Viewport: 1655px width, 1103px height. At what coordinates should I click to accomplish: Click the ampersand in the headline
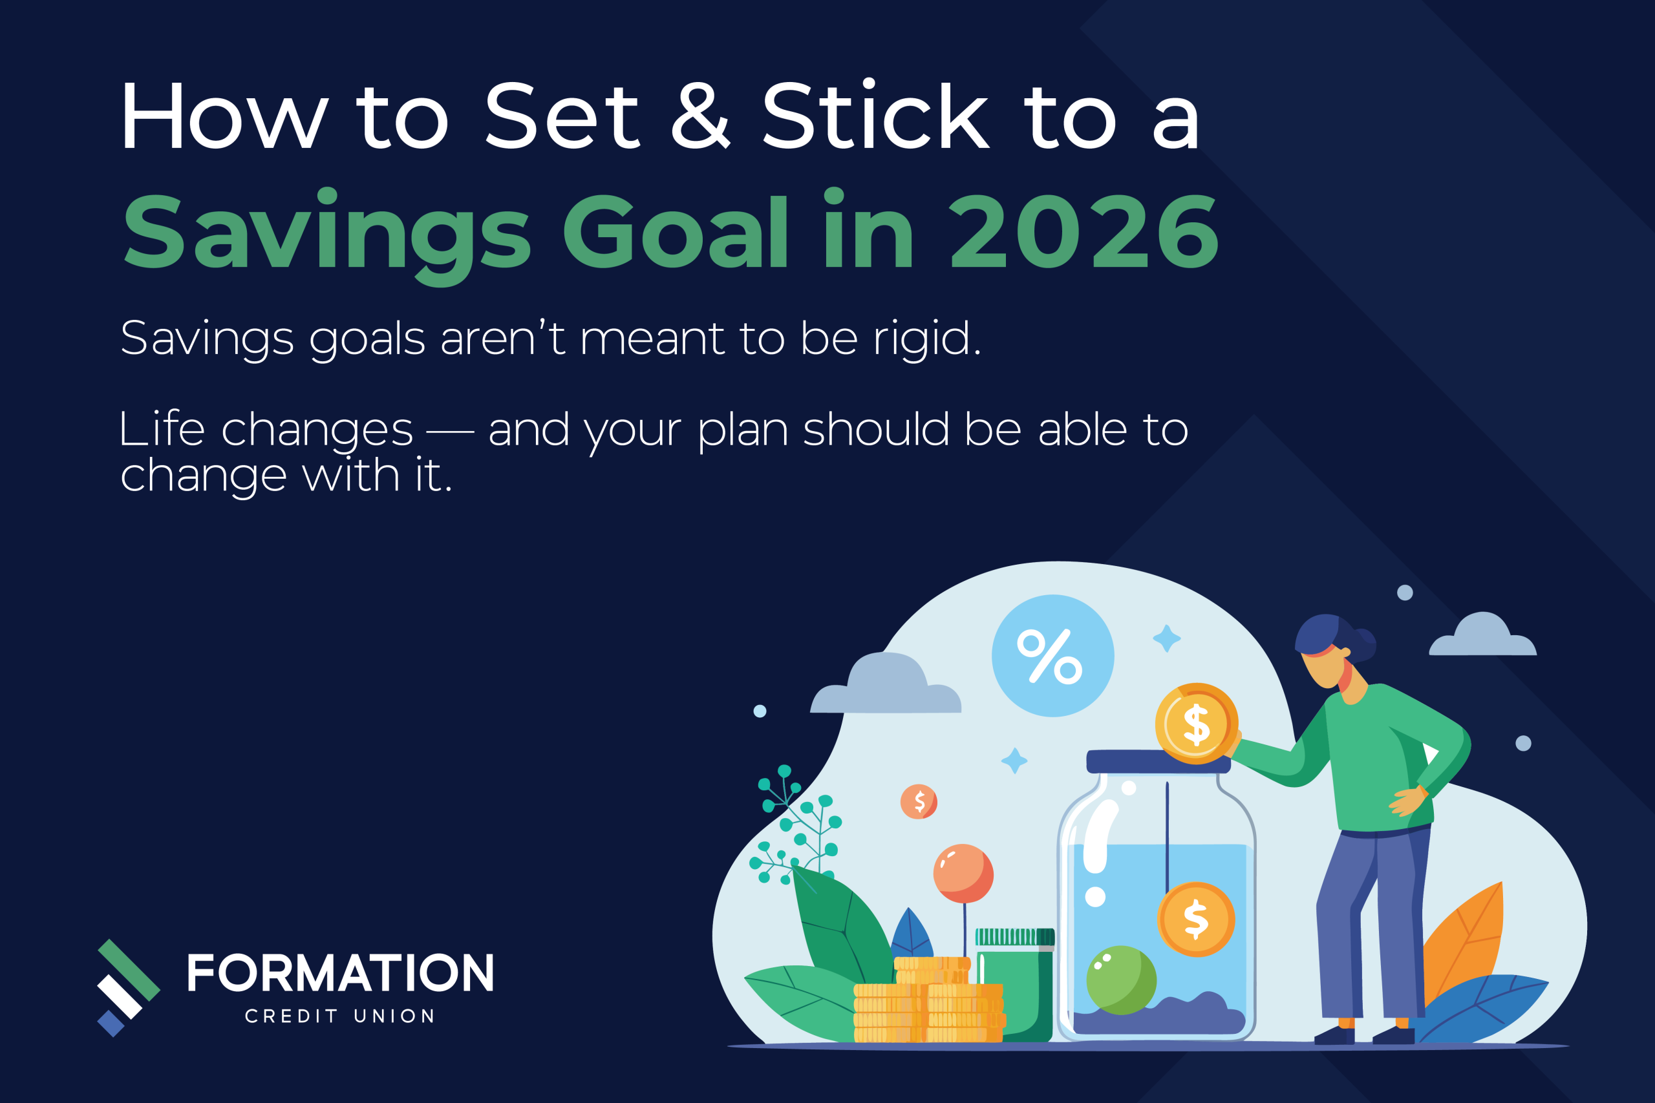pos(700,116)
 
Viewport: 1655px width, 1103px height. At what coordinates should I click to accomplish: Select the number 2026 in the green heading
pos(1084,232)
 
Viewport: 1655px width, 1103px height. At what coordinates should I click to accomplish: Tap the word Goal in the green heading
pos(676,232)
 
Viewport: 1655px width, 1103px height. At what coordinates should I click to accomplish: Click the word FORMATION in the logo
pos(341,974)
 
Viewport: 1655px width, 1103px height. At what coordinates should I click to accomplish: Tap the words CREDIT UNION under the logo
pos(341,1016)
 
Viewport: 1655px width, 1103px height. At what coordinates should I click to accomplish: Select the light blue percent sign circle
pos(1052,656)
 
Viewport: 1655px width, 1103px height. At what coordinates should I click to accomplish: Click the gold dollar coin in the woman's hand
pos(1196,724)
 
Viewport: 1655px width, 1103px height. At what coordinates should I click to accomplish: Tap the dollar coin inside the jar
pos(1196,919)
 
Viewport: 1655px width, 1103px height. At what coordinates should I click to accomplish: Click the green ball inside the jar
pos(1121,980)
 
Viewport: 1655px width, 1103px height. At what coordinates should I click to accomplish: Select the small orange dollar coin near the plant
pos(919,801)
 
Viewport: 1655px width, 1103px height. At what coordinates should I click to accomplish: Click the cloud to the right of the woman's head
pos(1483,636)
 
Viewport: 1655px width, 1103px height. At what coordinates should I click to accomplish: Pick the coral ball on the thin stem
pos(963,874)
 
